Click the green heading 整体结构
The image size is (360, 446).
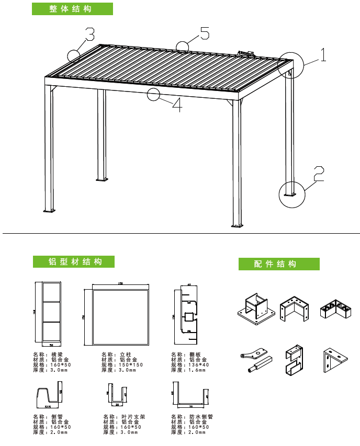point(72,9)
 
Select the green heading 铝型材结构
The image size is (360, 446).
point(74,262)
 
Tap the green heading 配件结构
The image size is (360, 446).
point(279,264)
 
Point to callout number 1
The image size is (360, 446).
point(323,54)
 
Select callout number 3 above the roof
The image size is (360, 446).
point(89,35)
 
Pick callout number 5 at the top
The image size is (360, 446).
point(204,34)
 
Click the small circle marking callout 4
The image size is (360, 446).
point(153,95)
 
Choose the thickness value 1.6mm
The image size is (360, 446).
point(199,370)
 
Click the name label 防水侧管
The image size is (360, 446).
point(201,417)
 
